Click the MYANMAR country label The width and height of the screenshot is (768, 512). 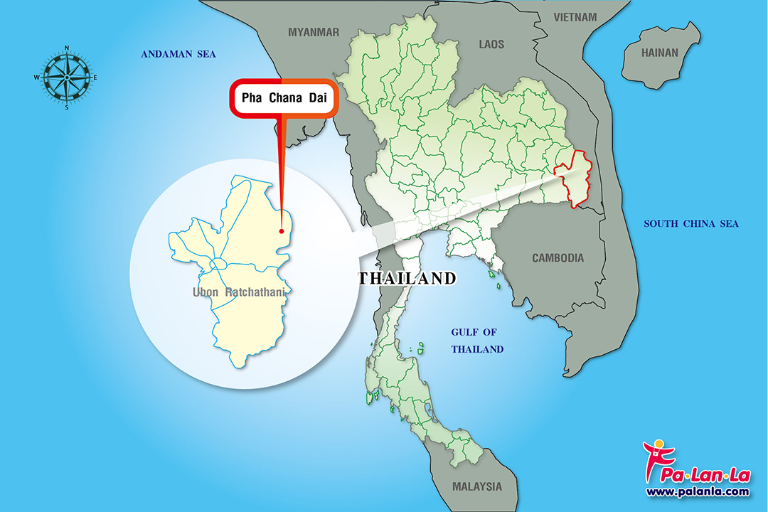point(314,32)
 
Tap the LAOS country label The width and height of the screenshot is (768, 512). point(491,45)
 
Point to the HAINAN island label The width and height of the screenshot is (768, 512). point(660,53)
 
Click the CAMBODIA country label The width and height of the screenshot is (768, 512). point(558,258)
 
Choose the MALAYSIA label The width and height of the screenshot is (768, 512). point(476,487)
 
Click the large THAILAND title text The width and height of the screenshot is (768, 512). point(407,278)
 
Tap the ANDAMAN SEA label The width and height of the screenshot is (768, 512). point(178,55)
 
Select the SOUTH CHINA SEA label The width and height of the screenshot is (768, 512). point(691,224)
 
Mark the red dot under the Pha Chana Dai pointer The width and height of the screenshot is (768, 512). point(282,230)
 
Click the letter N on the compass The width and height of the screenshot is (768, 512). point(66,48)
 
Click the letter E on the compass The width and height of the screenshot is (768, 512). point(95,78)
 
